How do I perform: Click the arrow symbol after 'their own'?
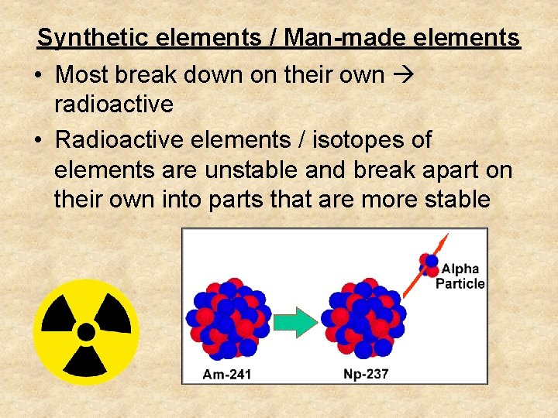[402, 75]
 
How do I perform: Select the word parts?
[229, 199]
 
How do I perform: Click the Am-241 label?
[227, 375]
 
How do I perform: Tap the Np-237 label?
[366, 375]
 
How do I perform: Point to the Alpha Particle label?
[460, 276]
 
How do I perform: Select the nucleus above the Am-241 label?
[227, 319]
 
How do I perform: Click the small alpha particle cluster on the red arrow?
[429, 264]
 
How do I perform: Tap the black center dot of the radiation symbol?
[86, 332]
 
